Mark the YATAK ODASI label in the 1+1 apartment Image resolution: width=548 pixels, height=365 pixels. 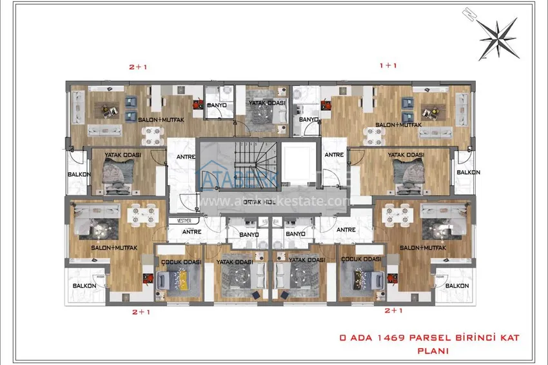[405, 155]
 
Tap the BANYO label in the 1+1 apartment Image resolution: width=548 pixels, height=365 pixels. [309, 119]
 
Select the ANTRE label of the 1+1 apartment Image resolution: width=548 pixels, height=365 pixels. [333, 155]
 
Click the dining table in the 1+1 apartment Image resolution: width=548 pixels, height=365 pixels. [375, 134]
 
